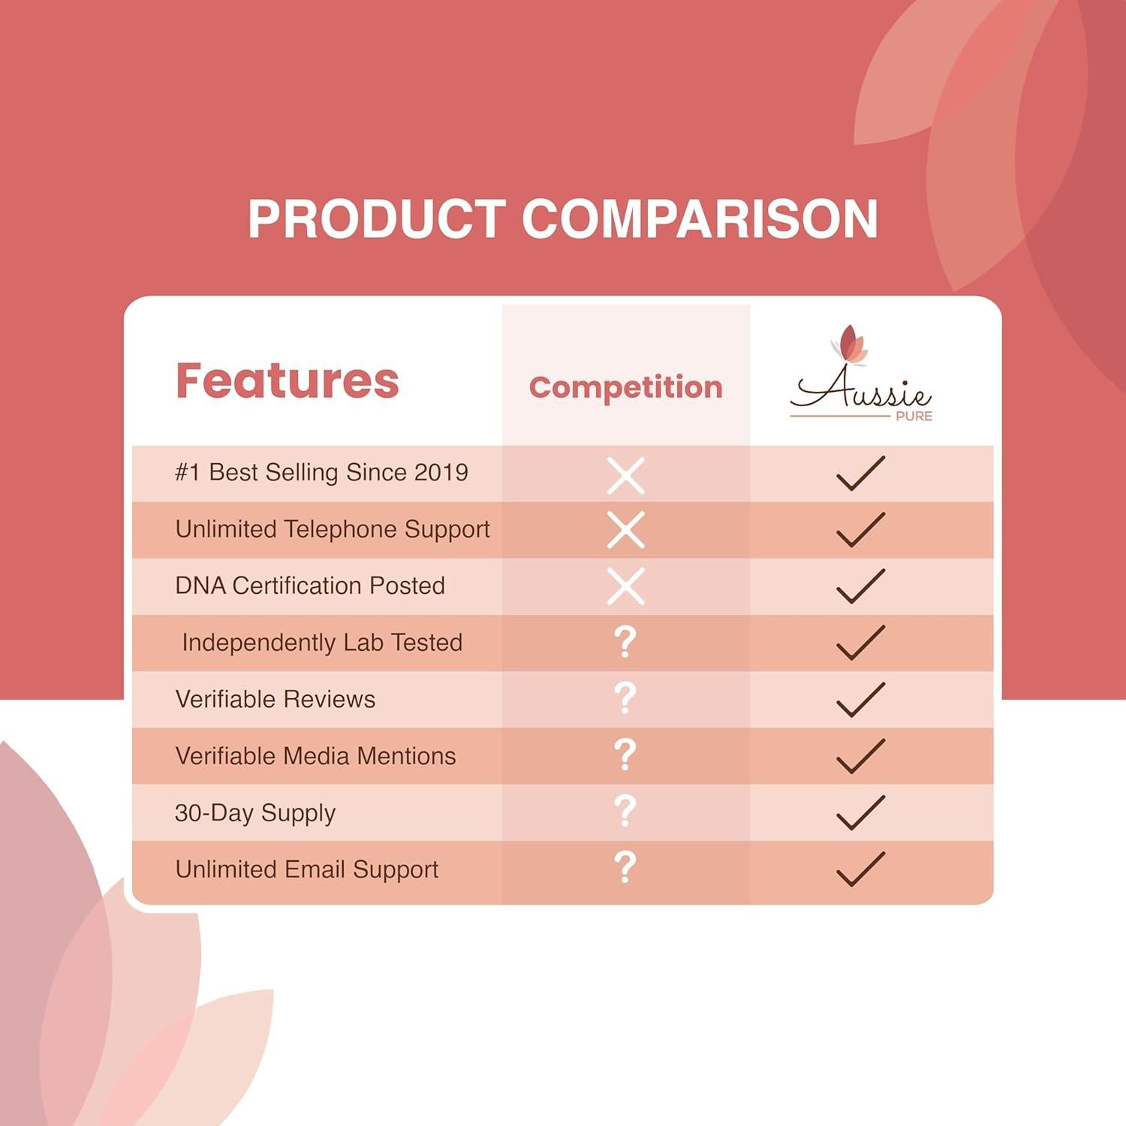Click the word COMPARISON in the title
700,219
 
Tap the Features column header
287,380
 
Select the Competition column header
625,387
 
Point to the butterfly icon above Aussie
850,345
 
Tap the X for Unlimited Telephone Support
626,531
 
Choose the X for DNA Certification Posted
626,586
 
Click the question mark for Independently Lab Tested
625,642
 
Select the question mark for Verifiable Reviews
625,698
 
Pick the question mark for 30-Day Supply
625,811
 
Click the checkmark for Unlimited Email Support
860,869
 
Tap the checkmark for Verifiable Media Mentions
860,756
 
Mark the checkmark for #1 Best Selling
860,473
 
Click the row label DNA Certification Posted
310,586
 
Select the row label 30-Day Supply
255,814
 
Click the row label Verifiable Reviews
275,699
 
